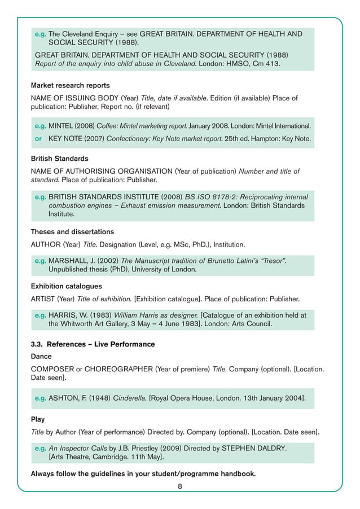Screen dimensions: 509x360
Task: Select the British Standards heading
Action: pos(59,159)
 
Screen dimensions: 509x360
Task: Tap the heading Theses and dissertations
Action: pos(72,232)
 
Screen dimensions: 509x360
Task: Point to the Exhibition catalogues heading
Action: pos(66,286)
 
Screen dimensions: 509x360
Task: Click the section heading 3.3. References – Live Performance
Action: pos(93,344)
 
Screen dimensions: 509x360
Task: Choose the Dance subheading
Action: pos(41,357)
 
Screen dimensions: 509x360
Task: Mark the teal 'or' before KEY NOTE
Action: pos(39,139)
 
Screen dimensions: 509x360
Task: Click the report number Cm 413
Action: pos(265,64)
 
